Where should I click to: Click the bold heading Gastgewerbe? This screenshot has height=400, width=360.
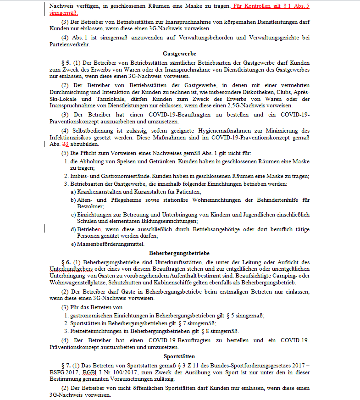point(179,54)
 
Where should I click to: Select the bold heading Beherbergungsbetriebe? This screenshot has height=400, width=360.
point(179,253)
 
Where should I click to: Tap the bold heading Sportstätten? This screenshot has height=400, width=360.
point(179,356)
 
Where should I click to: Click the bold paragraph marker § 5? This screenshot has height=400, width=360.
point(66,62)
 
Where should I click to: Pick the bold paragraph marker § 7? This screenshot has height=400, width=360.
point(66,365)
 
